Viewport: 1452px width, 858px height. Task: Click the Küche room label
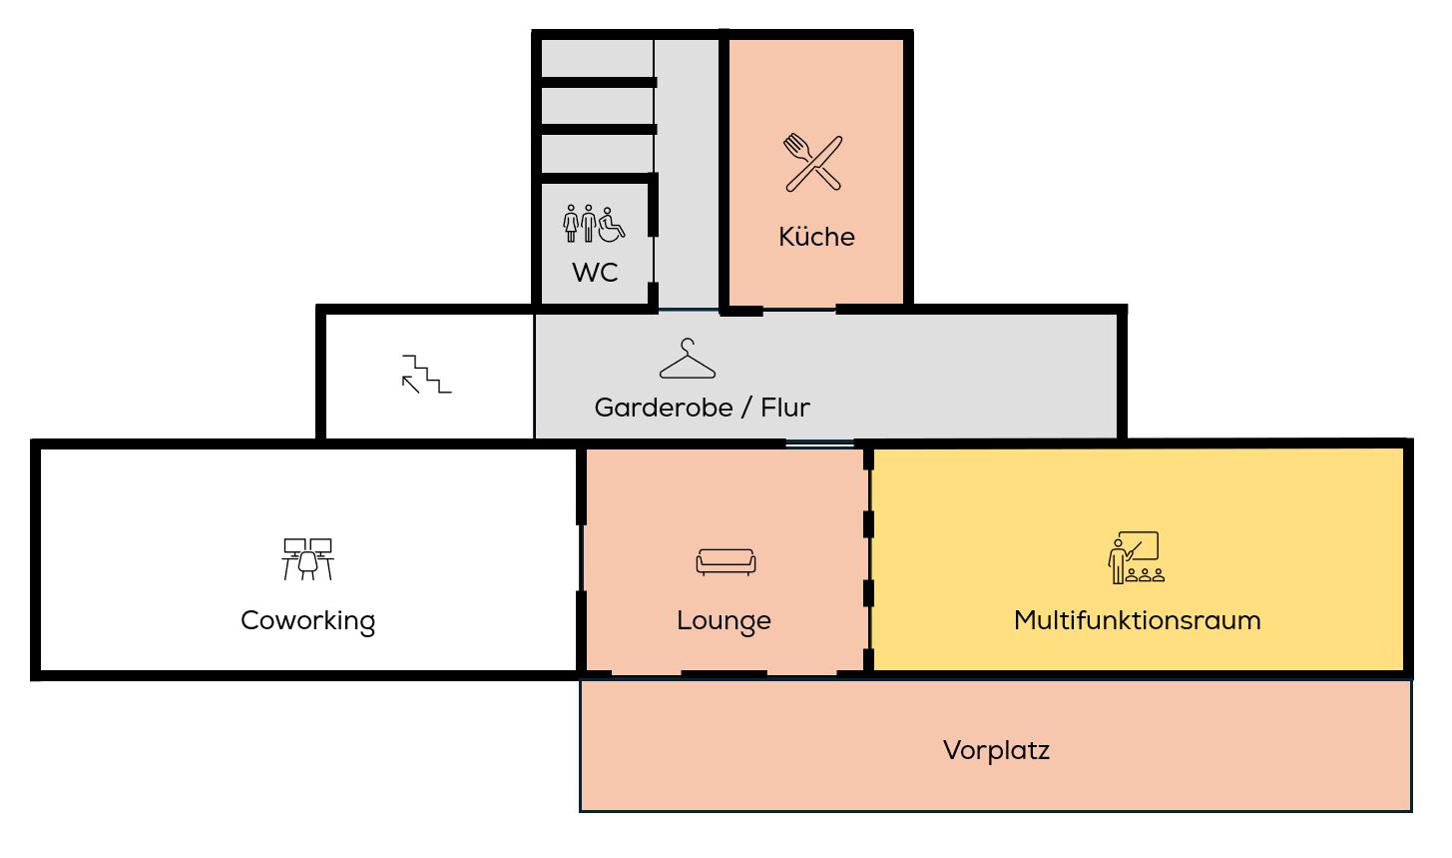pyautogui.click(x=816, y=237)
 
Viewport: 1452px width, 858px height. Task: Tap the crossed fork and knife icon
pyautogui.click(x=813, y=162)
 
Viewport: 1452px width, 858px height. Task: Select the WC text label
pyautogui.click(x=595, y=273)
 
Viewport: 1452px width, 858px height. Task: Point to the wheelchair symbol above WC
pyautogui.click(x=612, y=225)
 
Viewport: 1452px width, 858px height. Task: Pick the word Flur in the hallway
pyautogui.click(x=785, y=408)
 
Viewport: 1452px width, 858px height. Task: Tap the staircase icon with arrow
pyautogui.click(x=427, y=374)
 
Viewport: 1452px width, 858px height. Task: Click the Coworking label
pyautogui.click(x=307, y=620)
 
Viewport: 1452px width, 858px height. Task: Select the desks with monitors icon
pyautogui.click(x=307, y=559)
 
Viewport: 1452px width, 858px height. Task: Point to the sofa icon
pyautogui.click(x=726, y=562)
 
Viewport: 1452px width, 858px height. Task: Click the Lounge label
pyautogui.click(x=724, y=620)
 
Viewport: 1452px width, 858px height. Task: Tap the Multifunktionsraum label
pyautogui.click(x=1137, y=620)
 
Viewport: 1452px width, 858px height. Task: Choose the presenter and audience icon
pyautogui.click(x=1136, y=557)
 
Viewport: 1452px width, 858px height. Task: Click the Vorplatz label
pyautogui.click(x=996, y=750)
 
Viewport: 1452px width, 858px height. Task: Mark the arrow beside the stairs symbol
pyautogui.click(x=411, y=384)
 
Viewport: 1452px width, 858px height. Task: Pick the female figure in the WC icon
pyautogui.click(x=572, y=224)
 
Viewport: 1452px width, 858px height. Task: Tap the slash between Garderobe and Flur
pyautogui.click(x=746, y=408)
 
